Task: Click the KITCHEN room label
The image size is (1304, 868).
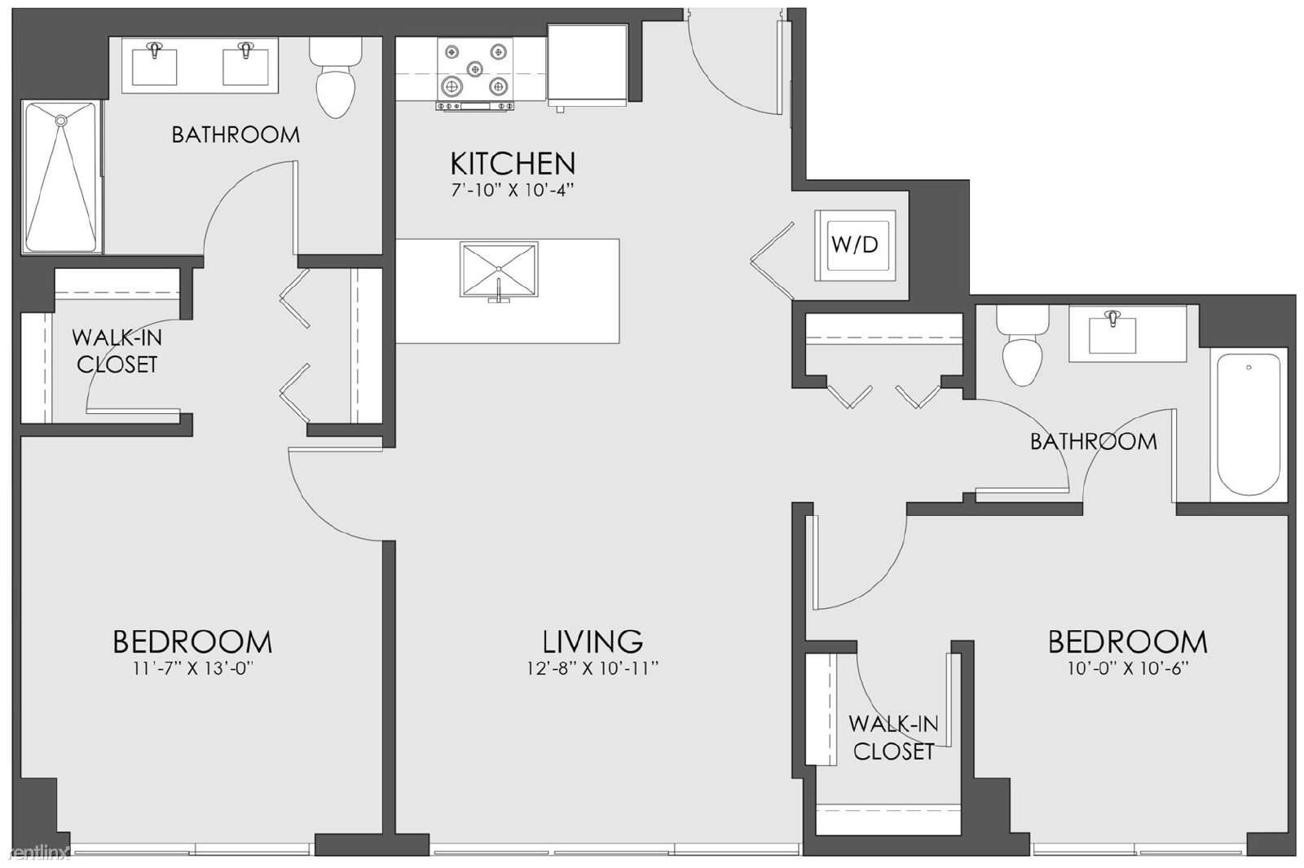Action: click(x=513, y=164)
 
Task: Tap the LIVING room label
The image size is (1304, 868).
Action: click(x=593, y=641)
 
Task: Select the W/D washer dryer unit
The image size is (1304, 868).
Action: click(x=855, y=245)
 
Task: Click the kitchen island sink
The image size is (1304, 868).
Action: click(x=499, y=270)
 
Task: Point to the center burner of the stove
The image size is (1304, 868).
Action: click(x=476, y=69)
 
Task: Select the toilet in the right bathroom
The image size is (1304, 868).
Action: click(x=1022, y=345)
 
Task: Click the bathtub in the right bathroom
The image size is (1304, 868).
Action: click(x=1248, y=425)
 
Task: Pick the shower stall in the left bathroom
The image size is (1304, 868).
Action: click(x=61, y=177)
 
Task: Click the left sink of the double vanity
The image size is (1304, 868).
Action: click(x=154, y=65)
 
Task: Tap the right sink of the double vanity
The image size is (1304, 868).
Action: click(x=245, y=65)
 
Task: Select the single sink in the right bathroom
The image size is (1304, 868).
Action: click(x=1112, y=334)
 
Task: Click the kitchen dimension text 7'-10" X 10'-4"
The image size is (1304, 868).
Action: click(x=513, y=191)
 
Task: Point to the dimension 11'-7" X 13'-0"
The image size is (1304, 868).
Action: click(x=192, y=669)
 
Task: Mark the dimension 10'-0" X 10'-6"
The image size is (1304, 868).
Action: click(x=1128, y=669)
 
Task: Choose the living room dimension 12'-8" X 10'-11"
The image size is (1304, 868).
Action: click(x=593, y=669)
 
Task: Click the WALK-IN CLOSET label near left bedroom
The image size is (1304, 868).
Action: click(x=117, y=351)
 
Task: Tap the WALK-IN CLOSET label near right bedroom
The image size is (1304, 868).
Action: click(x=893, y=738)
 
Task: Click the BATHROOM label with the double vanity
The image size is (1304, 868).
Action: click(x=236, y=135)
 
